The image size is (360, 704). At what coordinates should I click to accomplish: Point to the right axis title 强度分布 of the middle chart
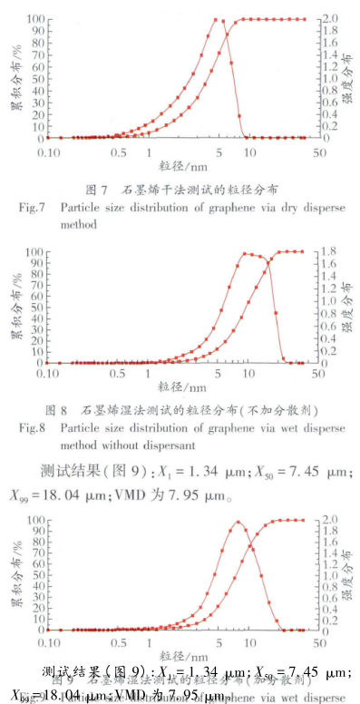347,305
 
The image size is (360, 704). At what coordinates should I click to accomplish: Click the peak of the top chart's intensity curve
217,19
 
